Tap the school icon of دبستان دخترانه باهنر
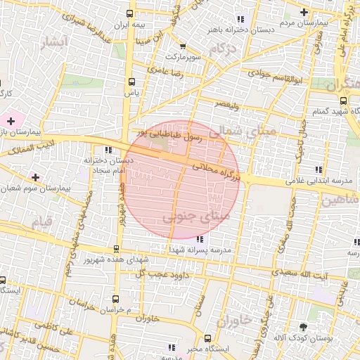tap(240, 19)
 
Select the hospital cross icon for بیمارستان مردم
tap(304, 12)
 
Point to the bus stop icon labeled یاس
tap(131, 81)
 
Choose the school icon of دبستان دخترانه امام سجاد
tap(108, 150)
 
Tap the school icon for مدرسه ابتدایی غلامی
tap(319, 169)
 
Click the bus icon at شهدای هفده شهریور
tap(117, 248)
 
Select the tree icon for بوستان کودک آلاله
tap(303, 327)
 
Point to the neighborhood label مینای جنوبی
tap(196, 218)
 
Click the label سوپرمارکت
tap(184, 55)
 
